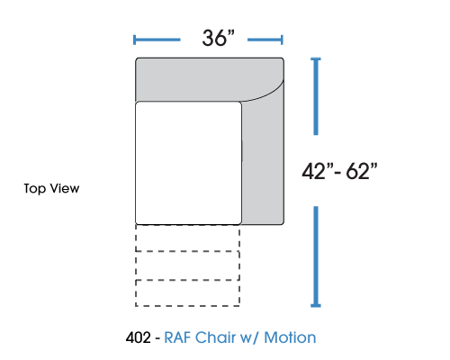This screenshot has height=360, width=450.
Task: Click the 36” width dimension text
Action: pos(218,38)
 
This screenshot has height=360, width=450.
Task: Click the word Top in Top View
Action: pos(35,189)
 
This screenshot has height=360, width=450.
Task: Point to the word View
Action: pos(65,188)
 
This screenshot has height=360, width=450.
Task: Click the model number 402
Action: pos(139,337)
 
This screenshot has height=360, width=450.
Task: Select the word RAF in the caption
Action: pos(177,337)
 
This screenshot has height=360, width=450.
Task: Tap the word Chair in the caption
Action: pos(215,337)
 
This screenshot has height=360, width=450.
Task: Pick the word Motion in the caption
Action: pos(290,337)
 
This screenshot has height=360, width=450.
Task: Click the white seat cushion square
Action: pos(188,163)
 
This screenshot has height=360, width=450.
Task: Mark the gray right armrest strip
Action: pos(263,162)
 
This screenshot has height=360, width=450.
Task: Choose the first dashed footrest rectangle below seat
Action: pos(187,238)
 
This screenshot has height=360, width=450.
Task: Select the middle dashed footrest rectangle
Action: pos(187,265)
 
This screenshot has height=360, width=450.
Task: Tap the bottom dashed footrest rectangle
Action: pos(187,293)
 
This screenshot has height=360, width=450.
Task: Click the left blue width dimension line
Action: pos(157,40)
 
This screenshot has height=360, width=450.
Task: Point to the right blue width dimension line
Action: pos(265,40)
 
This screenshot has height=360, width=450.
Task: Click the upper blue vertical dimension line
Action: pos(316,96)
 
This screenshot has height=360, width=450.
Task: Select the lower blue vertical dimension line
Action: pos(316,256)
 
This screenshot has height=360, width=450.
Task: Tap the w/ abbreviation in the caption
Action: pos(249,338)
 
